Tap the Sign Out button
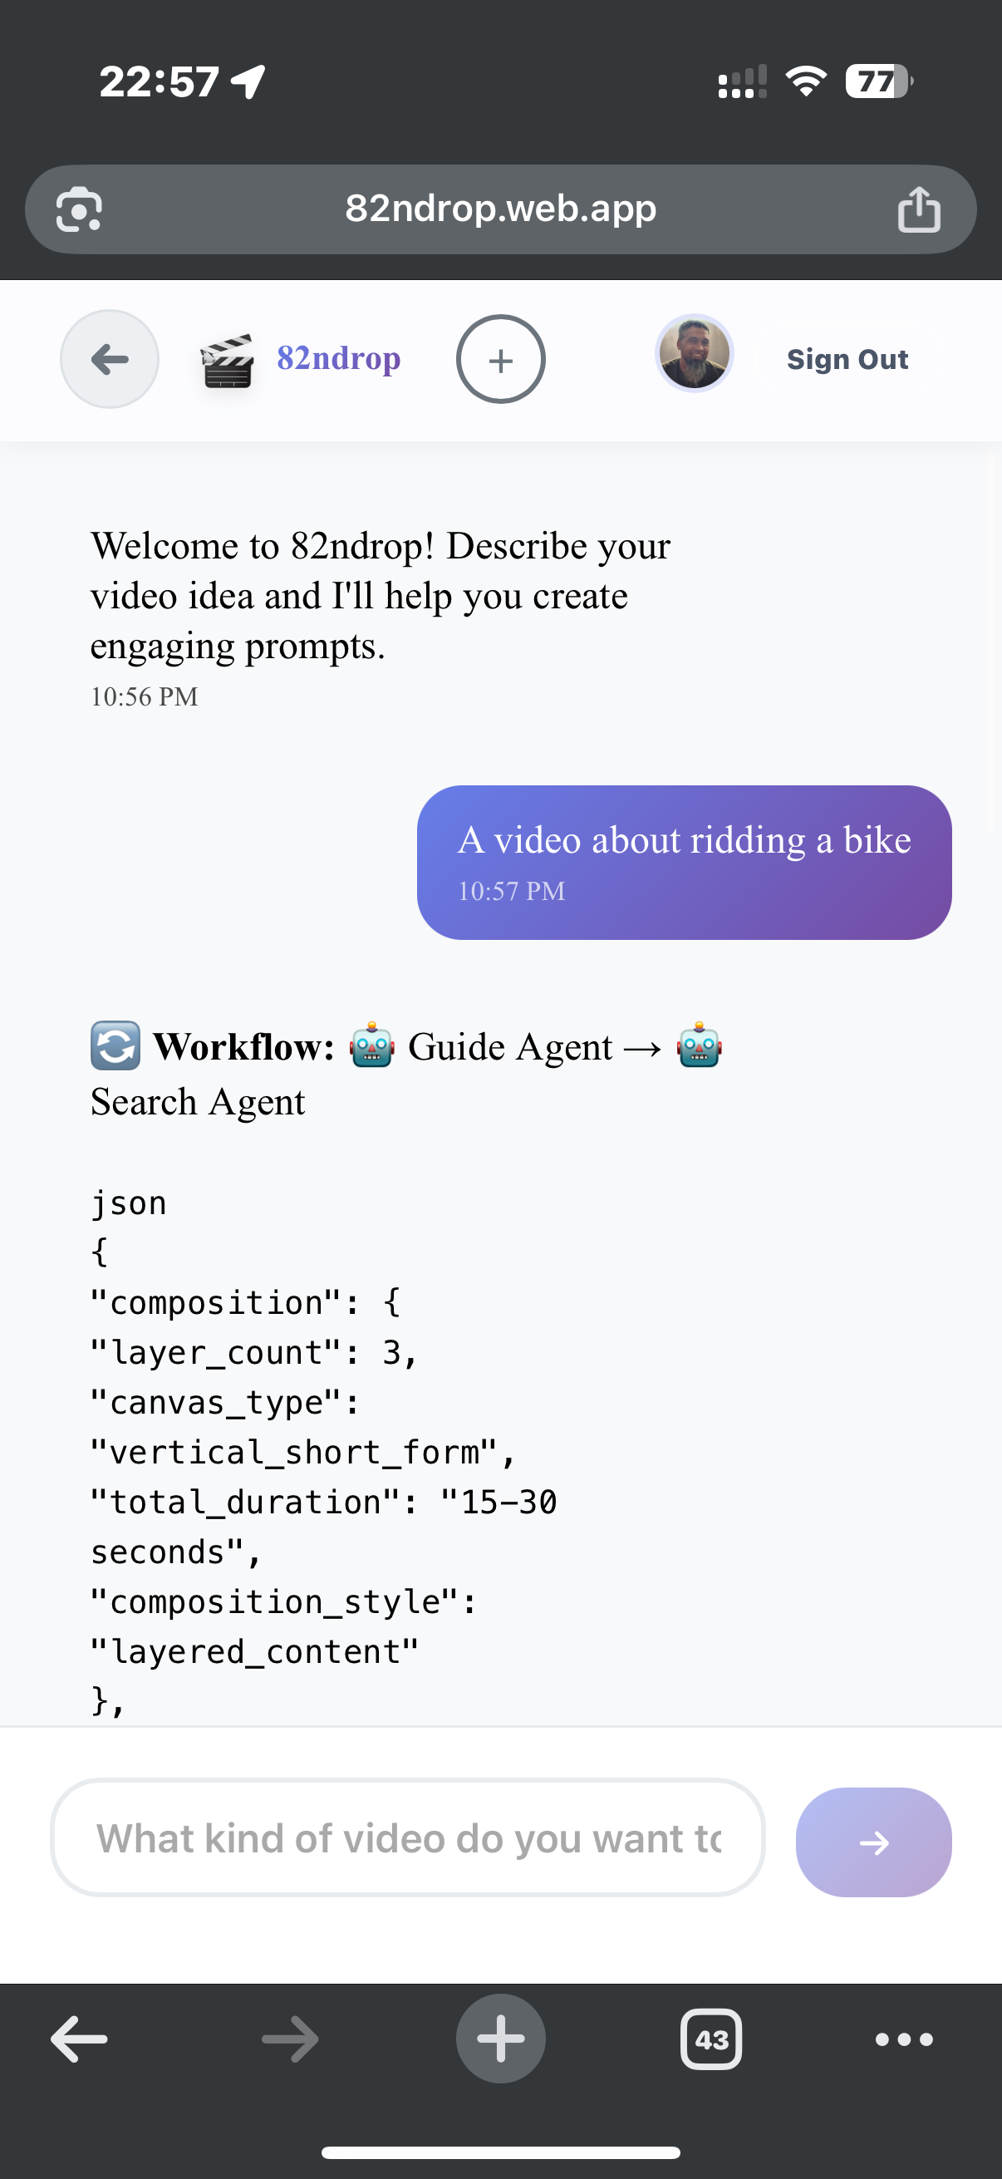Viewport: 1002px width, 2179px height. click(847, 360)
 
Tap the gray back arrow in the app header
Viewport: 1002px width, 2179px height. click(110, 360)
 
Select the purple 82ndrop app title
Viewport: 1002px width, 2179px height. click(338, 358)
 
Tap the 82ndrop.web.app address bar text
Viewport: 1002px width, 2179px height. click(500, 208)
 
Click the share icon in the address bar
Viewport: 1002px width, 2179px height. click(918, 209)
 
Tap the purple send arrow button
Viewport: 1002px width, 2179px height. click(873, 1842)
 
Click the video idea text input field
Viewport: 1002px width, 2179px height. click(408, 1838)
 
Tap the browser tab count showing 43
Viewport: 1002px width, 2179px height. click(711, 2039)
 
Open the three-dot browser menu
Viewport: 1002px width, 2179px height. click(904, 2039)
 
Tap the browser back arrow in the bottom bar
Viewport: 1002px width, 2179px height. click(80, 2039)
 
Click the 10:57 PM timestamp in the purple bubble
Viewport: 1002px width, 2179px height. click(511, 891)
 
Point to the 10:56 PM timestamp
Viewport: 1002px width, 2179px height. click(145, 696)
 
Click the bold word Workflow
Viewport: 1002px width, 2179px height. click(243, 1047)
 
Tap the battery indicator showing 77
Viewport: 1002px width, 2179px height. click(877, 81)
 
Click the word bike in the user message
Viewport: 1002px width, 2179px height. click(877, 840)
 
